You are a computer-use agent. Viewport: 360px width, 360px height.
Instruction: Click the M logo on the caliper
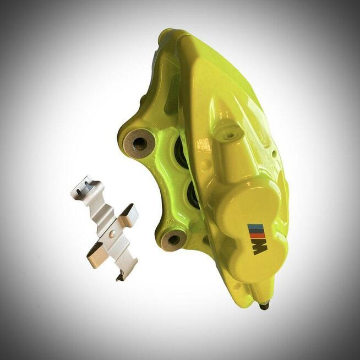pos(258,239)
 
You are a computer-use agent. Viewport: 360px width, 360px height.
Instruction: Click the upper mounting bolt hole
pos(140,144)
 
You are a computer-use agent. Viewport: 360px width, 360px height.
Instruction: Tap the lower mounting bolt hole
pos(173,240)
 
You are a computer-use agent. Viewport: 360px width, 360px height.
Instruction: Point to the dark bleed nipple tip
pos(264,306)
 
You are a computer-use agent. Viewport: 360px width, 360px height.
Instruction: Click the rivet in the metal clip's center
pos(112,234)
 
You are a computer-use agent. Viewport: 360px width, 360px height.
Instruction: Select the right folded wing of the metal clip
pos(128,216)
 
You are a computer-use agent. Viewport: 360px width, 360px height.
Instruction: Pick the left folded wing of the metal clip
pos(96,255)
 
